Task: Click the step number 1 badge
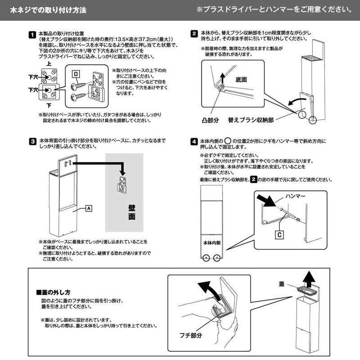tap(32, 34)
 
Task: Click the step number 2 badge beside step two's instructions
tap(194, 33)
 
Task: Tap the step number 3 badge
tap(32, 141)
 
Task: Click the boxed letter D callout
tap(76, 73)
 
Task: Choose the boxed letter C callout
tap(279, 234)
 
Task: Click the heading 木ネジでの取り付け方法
tap(48, 9)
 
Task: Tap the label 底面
tap(242, 79)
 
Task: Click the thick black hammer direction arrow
tap(269, 200)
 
